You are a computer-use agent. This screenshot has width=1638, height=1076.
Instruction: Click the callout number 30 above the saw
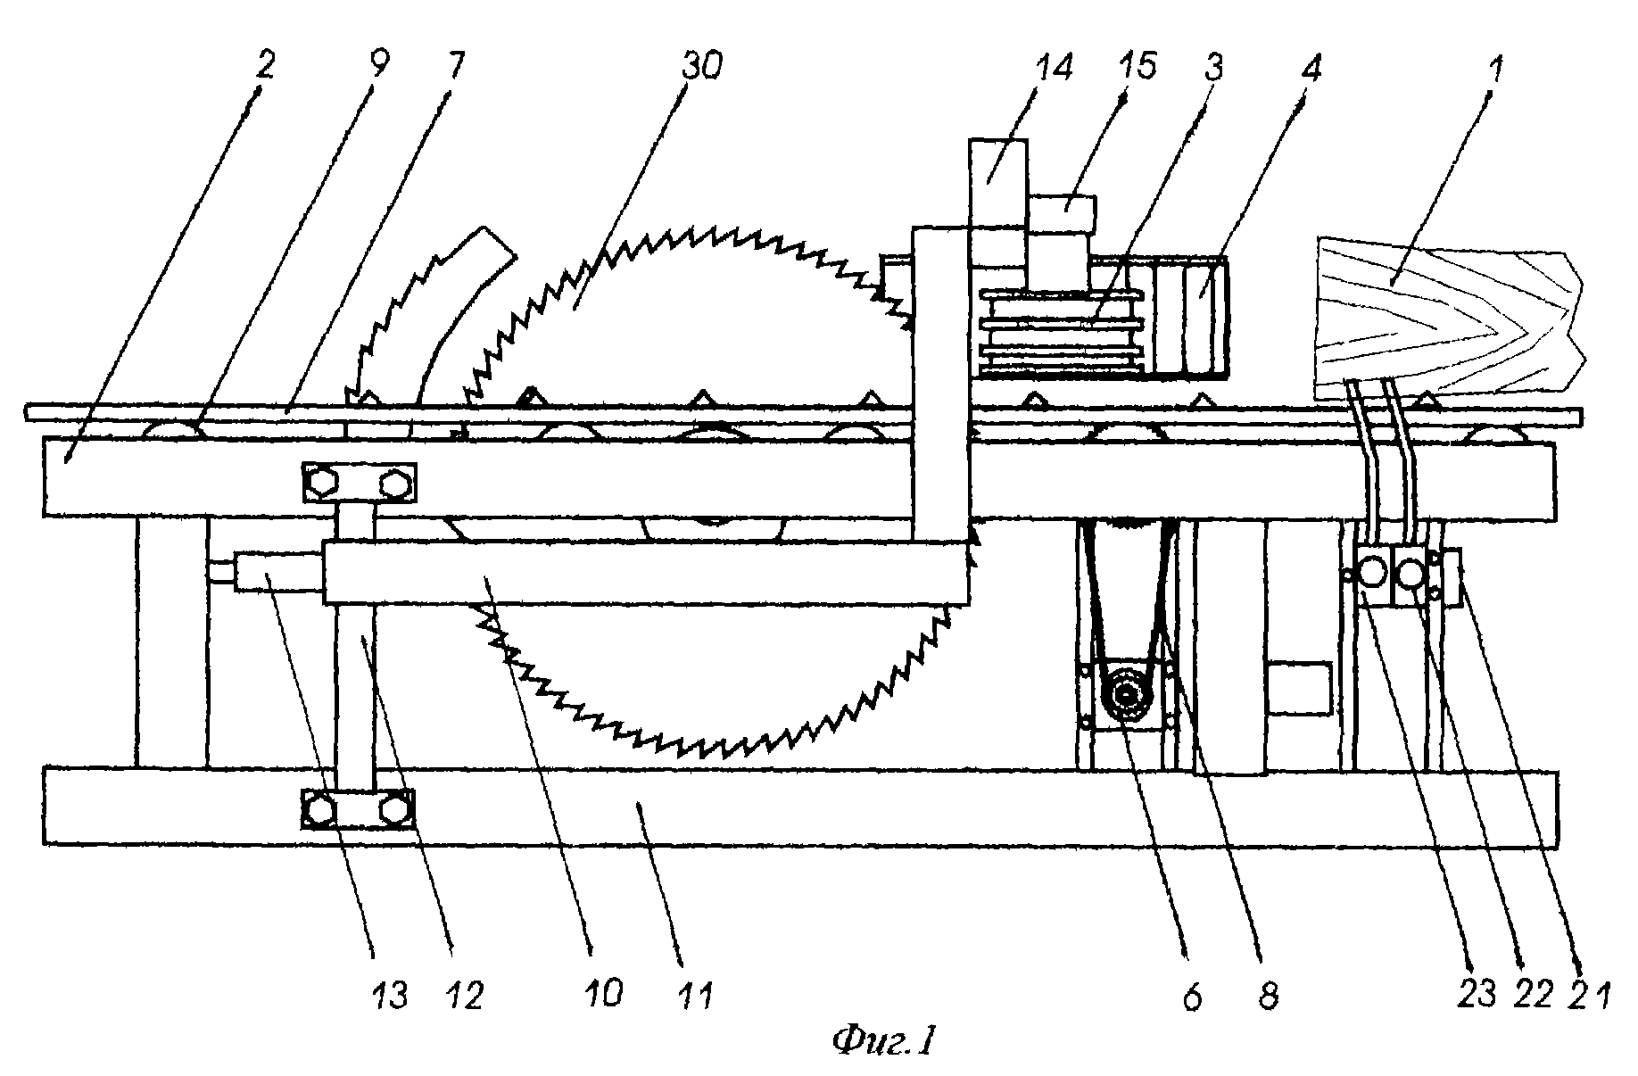(x=700, y=67)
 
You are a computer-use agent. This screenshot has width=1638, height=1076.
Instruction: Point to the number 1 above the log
(x=1496, y=67)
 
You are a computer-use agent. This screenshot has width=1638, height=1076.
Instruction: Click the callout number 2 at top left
(x=265, y=67)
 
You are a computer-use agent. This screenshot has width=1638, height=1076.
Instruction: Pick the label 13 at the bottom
(x=390, y=993)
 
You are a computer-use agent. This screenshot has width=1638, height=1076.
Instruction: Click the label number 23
(x=1477, y=993)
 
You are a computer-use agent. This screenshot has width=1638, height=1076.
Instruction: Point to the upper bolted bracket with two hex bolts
(x=359, y=483)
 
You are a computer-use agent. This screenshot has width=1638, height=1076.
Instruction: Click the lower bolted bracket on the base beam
(x=359, y=809)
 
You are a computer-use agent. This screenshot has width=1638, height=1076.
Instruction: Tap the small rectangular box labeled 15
(x=1062, y=214)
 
